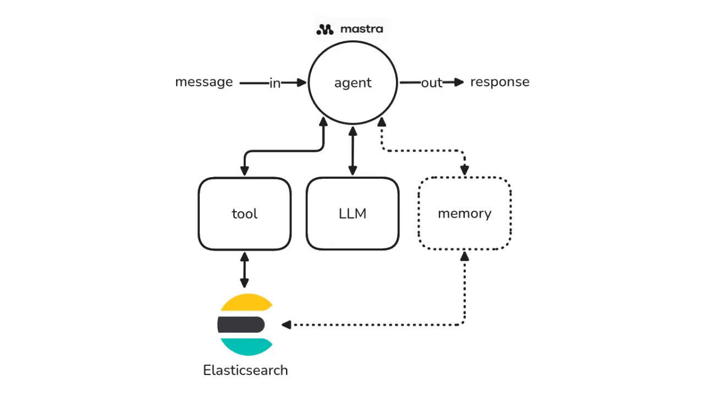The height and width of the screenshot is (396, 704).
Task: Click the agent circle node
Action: click(353, 82)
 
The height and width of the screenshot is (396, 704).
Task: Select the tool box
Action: click(244, 213)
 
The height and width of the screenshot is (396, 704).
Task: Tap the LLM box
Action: click(353, 213)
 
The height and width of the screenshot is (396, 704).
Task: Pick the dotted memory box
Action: click(465, 213)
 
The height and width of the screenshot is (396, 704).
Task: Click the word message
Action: click(204, 82)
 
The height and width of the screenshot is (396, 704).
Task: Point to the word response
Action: click(499, 82)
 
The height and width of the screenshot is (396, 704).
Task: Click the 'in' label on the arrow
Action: click(275, 83)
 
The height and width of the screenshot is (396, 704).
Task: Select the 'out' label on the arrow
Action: click(432, 83)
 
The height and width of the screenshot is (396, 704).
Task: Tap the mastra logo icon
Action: click(326, 29)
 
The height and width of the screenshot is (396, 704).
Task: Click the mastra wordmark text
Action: click(361, 29)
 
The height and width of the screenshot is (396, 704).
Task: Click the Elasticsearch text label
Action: click(245, 370)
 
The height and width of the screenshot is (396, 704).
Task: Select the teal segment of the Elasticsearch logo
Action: click(245, 346)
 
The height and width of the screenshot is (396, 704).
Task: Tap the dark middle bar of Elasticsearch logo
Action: click(241, 325)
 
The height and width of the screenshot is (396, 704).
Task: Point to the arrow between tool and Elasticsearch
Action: click(244, 269)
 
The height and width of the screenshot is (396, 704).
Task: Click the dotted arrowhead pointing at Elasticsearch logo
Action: click(286, 325)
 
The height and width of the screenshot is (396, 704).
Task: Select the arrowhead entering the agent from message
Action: click(301, 82)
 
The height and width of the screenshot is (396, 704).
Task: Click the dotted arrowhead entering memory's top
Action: click(465, 171)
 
